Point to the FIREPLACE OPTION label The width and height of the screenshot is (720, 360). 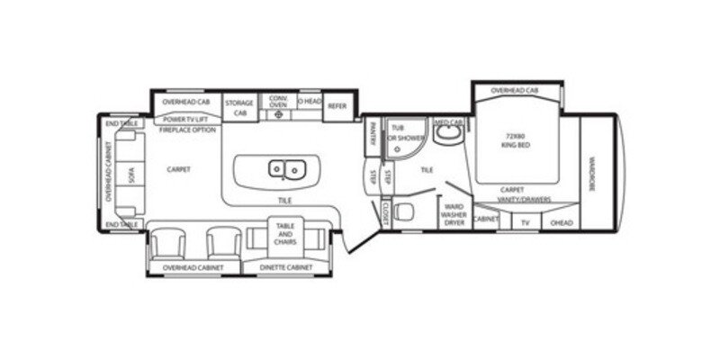tap(187, 130)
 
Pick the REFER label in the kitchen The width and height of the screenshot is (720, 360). tap(337, 106)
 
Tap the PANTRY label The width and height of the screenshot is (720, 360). tap(372, 138)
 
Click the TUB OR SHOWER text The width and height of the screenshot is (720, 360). tap(404, 134)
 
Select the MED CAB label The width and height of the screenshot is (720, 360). tap(448, 121)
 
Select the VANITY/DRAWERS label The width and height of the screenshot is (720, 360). tap(525, 200)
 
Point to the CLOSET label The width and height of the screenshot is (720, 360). tap(384, 213)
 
